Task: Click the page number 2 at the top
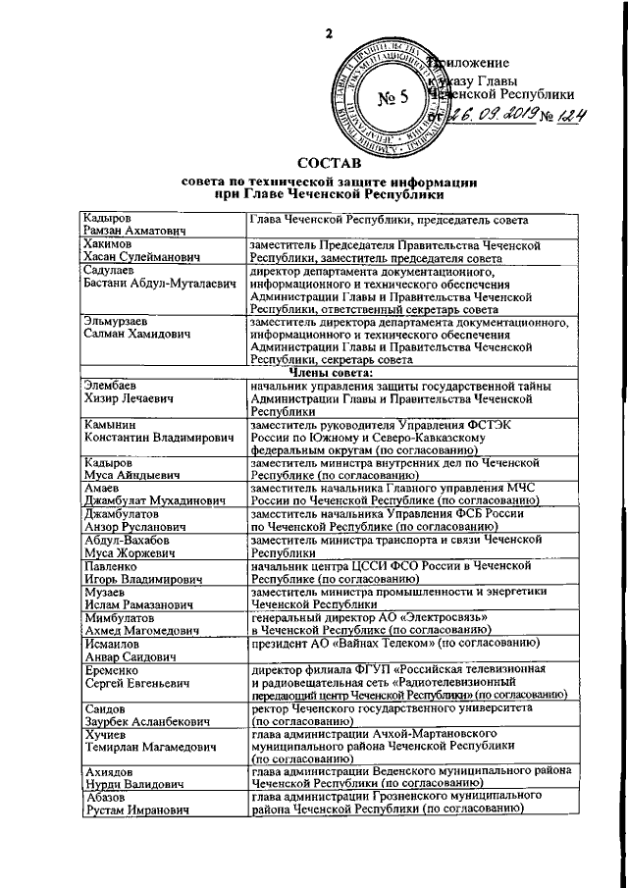(330, 34)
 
